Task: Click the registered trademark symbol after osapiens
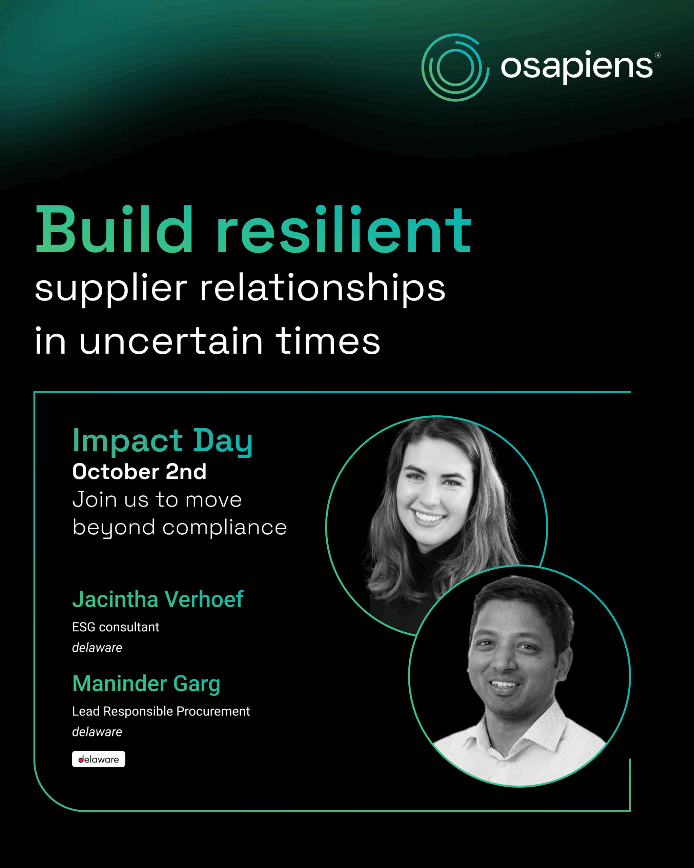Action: point(657,56)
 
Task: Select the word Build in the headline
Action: point(115,230)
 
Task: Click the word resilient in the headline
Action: point(344,230)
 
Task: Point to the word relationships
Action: point(323,288)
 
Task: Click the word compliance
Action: point(224,527)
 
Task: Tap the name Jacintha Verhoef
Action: point(158,599)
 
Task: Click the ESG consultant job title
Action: point(116,627)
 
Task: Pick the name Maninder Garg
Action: point(146,684)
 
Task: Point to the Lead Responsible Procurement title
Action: point(161,711)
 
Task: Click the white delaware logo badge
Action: point(99,759)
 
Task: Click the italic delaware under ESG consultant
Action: point(97,648)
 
